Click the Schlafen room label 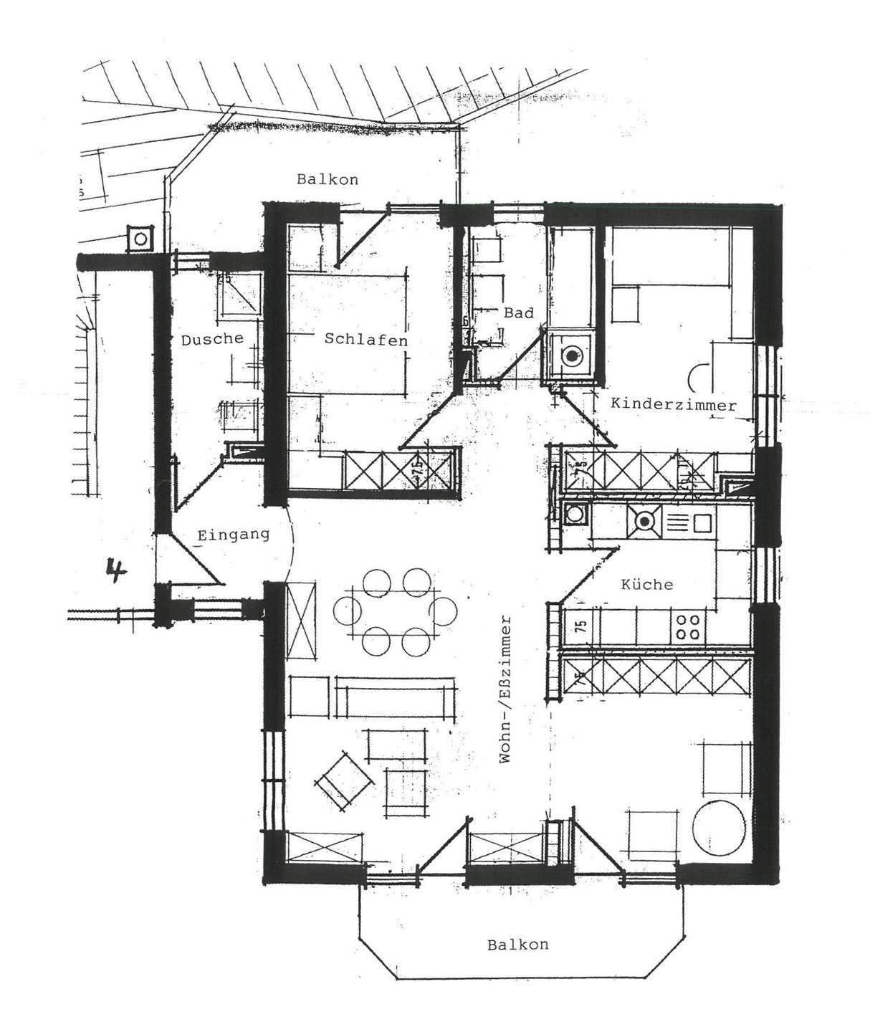pyautogui.click(x=365, y=339)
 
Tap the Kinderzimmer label pyautogui.click(x=673, y=405)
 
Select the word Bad pyautogui.click(x=518, y=313)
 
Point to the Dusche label pyautogui.click(x=211, y=339)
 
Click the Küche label pyautogui.click(x=646, y=584)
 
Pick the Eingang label pyautogui.click(x=234, y=534)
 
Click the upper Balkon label pyautogui.click(x=328, y=179)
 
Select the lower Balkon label pyautogui.click(x=517, y=945)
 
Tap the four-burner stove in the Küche pyautogui.click(x=689, y=626)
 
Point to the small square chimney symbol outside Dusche pyautogui.click(x=140, y=238)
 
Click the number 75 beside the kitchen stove pyautogui.click(x=580, y=626)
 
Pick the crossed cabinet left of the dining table pyautogui.click(x=300, y=620)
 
